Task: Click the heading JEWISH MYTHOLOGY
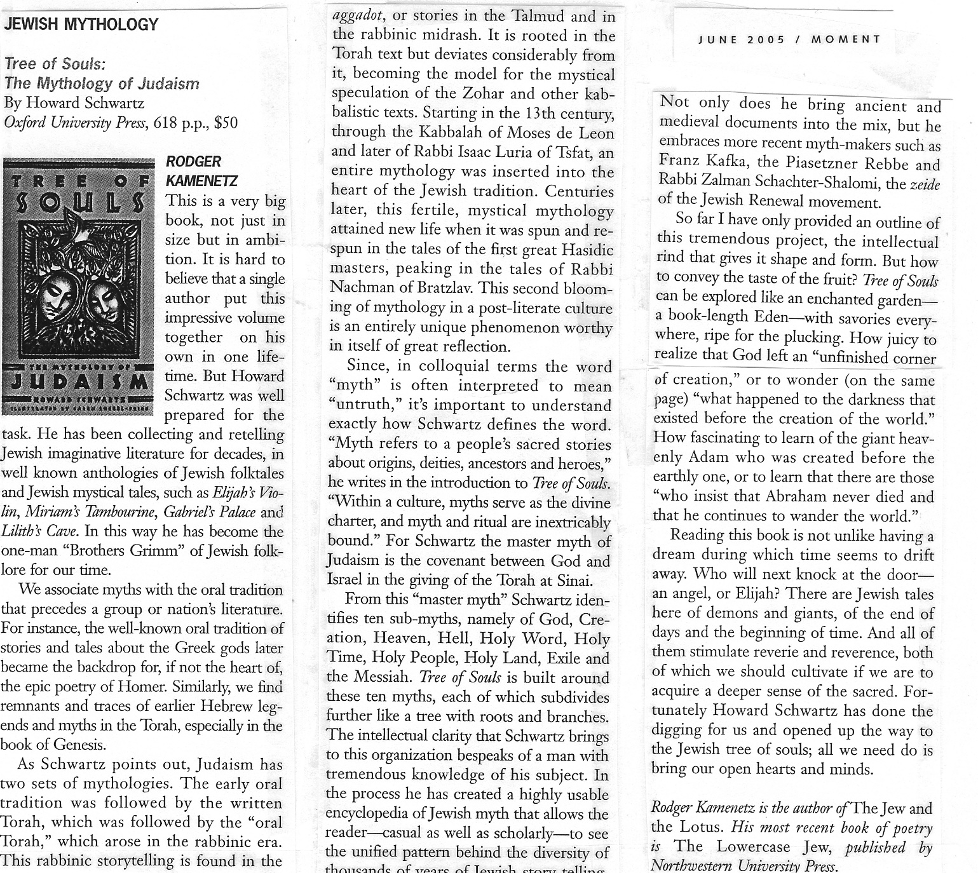click(81, 25)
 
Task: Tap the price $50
click(226, 122)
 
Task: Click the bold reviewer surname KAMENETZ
click(201, 181)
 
